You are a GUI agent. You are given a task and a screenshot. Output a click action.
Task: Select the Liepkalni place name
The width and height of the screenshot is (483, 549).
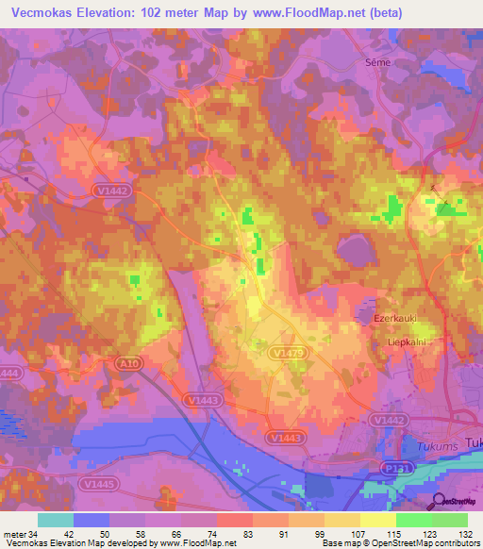coord(408,342)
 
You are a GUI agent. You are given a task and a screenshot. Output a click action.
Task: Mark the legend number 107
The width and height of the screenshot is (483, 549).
coord(359,534)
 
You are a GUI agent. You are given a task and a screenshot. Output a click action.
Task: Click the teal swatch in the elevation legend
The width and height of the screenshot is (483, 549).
coord(56,520)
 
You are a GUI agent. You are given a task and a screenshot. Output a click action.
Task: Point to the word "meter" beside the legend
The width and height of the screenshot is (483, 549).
coord(14,534)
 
